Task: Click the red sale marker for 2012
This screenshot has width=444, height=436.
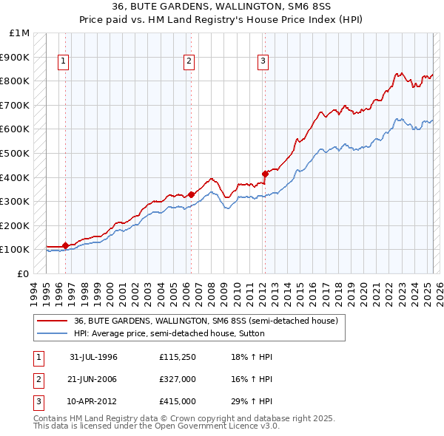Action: coord(264,174)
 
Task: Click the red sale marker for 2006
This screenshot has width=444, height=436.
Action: coord(190,194)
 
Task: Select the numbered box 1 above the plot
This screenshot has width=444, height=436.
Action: coord(64,61)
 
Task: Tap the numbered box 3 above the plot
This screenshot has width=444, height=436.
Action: coord(263,61)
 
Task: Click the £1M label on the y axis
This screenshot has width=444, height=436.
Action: coord(20,33)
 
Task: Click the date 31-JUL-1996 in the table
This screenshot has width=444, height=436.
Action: coord(93,357)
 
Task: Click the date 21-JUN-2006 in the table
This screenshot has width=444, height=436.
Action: coord(93,379)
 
